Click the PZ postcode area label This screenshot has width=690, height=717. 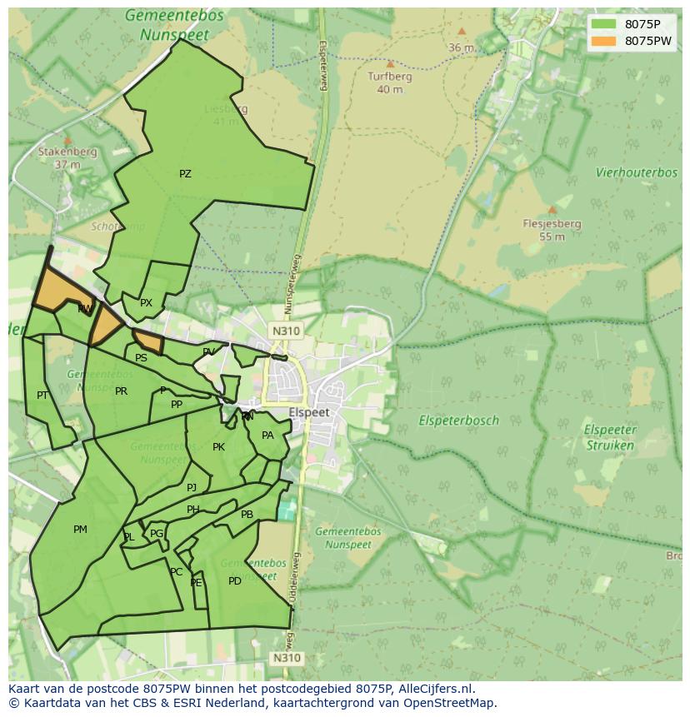(185, 174)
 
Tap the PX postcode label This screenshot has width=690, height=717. (146, 303)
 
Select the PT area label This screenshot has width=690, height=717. (42, 395)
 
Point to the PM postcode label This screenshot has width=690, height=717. (80, 529)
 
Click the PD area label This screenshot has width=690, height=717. (235, 580)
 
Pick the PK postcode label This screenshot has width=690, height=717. (218, 447)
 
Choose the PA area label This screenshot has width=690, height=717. (267, 436)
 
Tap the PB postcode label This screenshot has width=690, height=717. (247, 515)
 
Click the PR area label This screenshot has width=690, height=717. (122, 391)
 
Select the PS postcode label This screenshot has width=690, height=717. (141, 358)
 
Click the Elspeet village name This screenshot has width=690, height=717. (309, 412)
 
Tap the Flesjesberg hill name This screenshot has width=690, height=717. (552, 224)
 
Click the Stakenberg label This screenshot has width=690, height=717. (67, 152)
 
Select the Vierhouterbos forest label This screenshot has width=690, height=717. (637, 172)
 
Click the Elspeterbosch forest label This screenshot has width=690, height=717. (458, 421)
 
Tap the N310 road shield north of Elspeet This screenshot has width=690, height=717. (285, 331)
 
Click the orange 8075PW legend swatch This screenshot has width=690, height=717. (604, 41)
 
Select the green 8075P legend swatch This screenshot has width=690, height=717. (604, 24)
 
